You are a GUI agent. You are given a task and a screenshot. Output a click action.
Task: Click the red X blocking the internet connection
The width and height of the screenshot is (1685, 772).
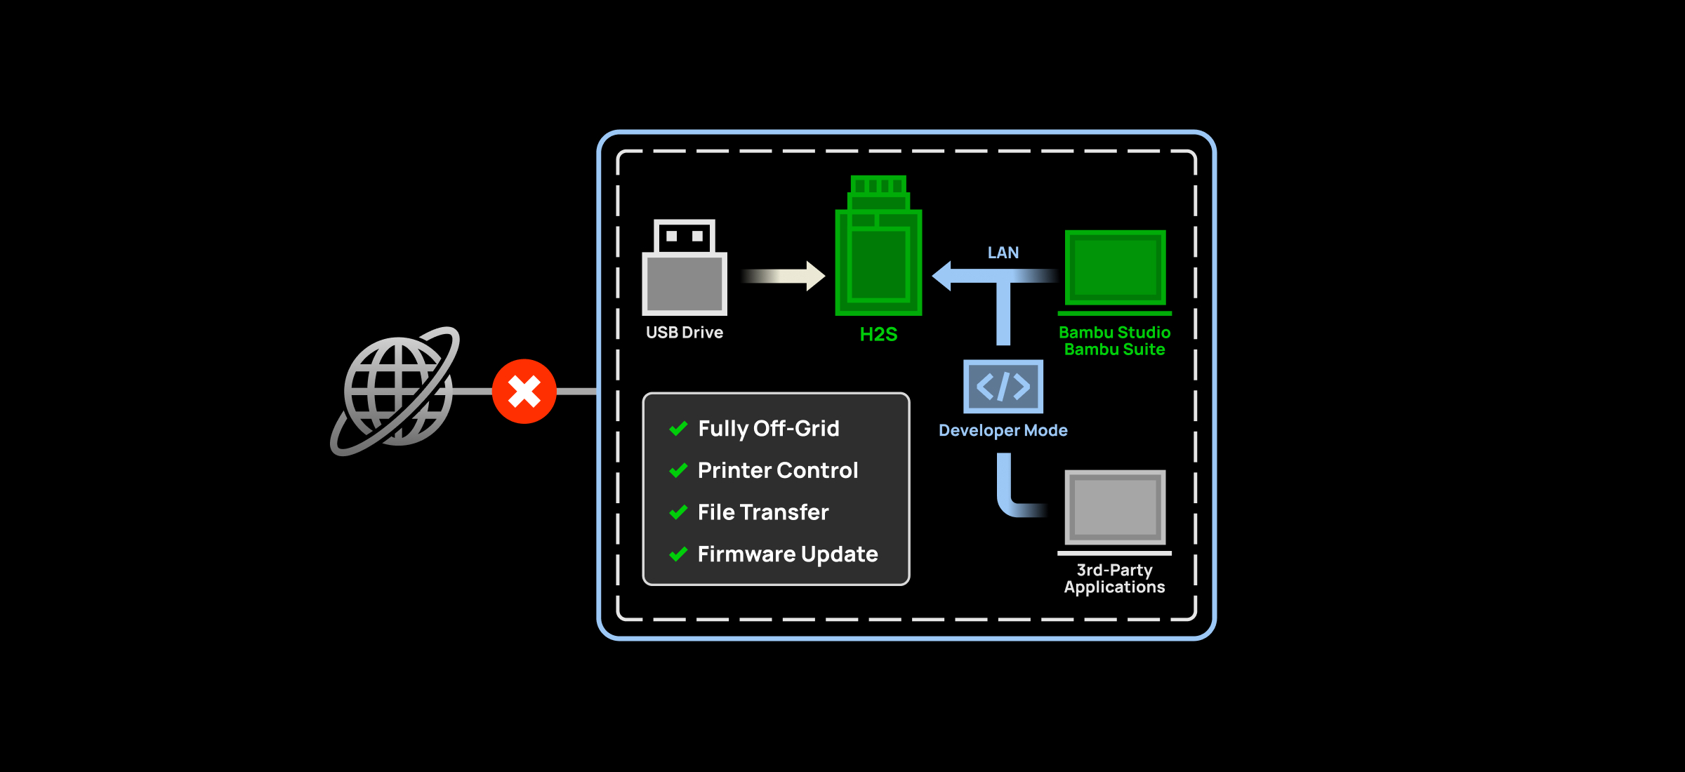click(x=524, y=392)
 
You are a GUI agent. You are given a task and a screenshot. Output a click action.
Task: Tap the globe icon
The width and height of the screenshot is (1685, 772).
click(x=397, y=391)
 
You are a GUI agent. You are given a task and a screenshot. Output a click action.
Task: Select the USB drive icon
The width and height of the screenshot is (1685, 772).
click(x=685, y=269)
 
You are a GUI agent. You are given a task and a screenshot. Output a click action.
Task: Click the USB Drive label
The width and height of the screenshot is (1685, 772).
click(x=685, y=333)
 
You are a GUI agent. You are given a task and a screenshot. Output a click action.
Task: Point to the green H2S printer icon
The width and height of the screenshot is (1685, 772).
click(x=878, y=247)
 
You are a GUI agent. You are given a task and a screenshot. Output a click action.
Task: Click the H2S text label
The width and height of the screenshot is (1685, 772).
click(x=878, y=335)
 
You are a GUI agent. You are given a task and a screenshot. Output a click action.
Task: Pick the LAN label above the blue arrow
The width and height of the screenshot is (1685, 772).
click(x=1003, y=253)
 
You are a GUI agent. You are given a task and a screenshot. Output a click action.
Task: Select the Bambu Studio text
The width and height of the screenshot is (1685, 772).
click(x=1114, y=333)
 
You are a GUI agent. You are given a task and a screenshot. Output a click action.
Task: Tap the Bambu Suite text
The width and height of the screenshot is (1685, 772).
click(x=1114, y=350)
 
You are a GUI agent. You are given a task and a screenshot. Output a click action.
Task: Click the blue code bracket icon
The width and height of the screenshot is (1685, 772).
click(x=1003, y=387)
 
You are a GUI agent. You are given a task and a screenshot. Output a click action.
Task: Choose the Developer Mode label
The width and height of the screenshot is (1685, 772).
click(x=1003, y=430)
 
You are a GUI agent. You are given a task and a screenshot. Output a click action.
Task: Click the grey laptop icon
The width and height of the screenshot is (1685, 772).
click(x=1115, y=511)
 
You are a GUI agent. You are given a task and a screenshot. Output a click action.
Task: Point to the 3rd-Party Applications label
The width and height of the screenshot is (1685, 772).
click(x=1114, y=579)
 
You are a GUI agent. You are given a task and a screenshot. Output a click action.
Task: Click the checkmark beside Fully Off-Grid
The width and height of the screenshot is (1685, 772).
click(x=678, y=429)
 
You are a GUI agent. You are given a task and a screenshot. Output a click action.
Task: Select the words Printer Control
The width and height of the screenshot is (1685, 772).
click(x=778, y=470)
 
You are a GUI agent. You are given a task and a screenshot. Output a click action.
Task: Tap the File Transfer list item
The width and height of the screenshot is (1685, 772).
click(x=763, y=512)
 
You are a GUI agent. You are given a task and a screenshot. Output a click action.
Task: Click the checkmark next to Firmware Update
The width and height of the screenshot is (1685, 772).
click(x=678, y=554)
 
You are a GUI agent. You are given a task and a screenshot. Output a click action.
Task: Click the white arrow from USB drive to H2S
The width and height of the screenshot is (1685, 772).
click(x=783, y=276)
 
